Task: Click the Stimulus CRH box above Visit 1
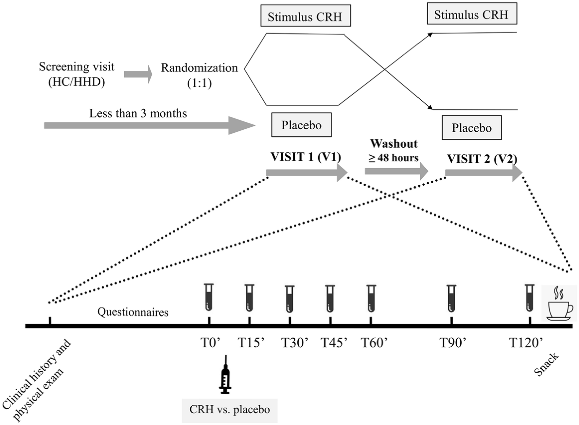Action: click(x=305, y=16)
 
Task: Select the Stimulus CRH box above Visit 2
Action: click(x=472, y=14)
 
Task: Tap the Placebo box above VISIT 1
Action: click(x=301, y=125)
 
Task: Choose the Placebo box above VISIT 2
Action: click(x=471, y=128)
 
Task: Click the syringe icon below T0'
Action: click(x=225, y=375)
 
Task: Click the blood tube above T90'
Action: click(x=451, y=298)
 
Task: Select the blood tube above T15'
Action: click(x=250, y=298)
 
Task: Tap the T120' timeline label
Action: click(x=526, y=343)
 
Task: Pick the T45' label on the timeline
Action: click(x=334, y=343)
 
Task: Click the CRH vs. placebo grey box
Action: click(x=230, y=410)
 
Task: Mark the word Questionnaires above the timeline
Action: click(x=133, y=312)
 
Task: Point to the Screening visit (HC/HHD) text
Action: click(x=77, y=74)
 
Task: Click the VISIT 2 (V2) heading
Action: click(x=482, y=159)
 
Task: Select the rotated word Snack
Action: click(x=546, y=364)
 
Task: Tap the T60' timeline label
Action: click(x=374, y=343)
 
